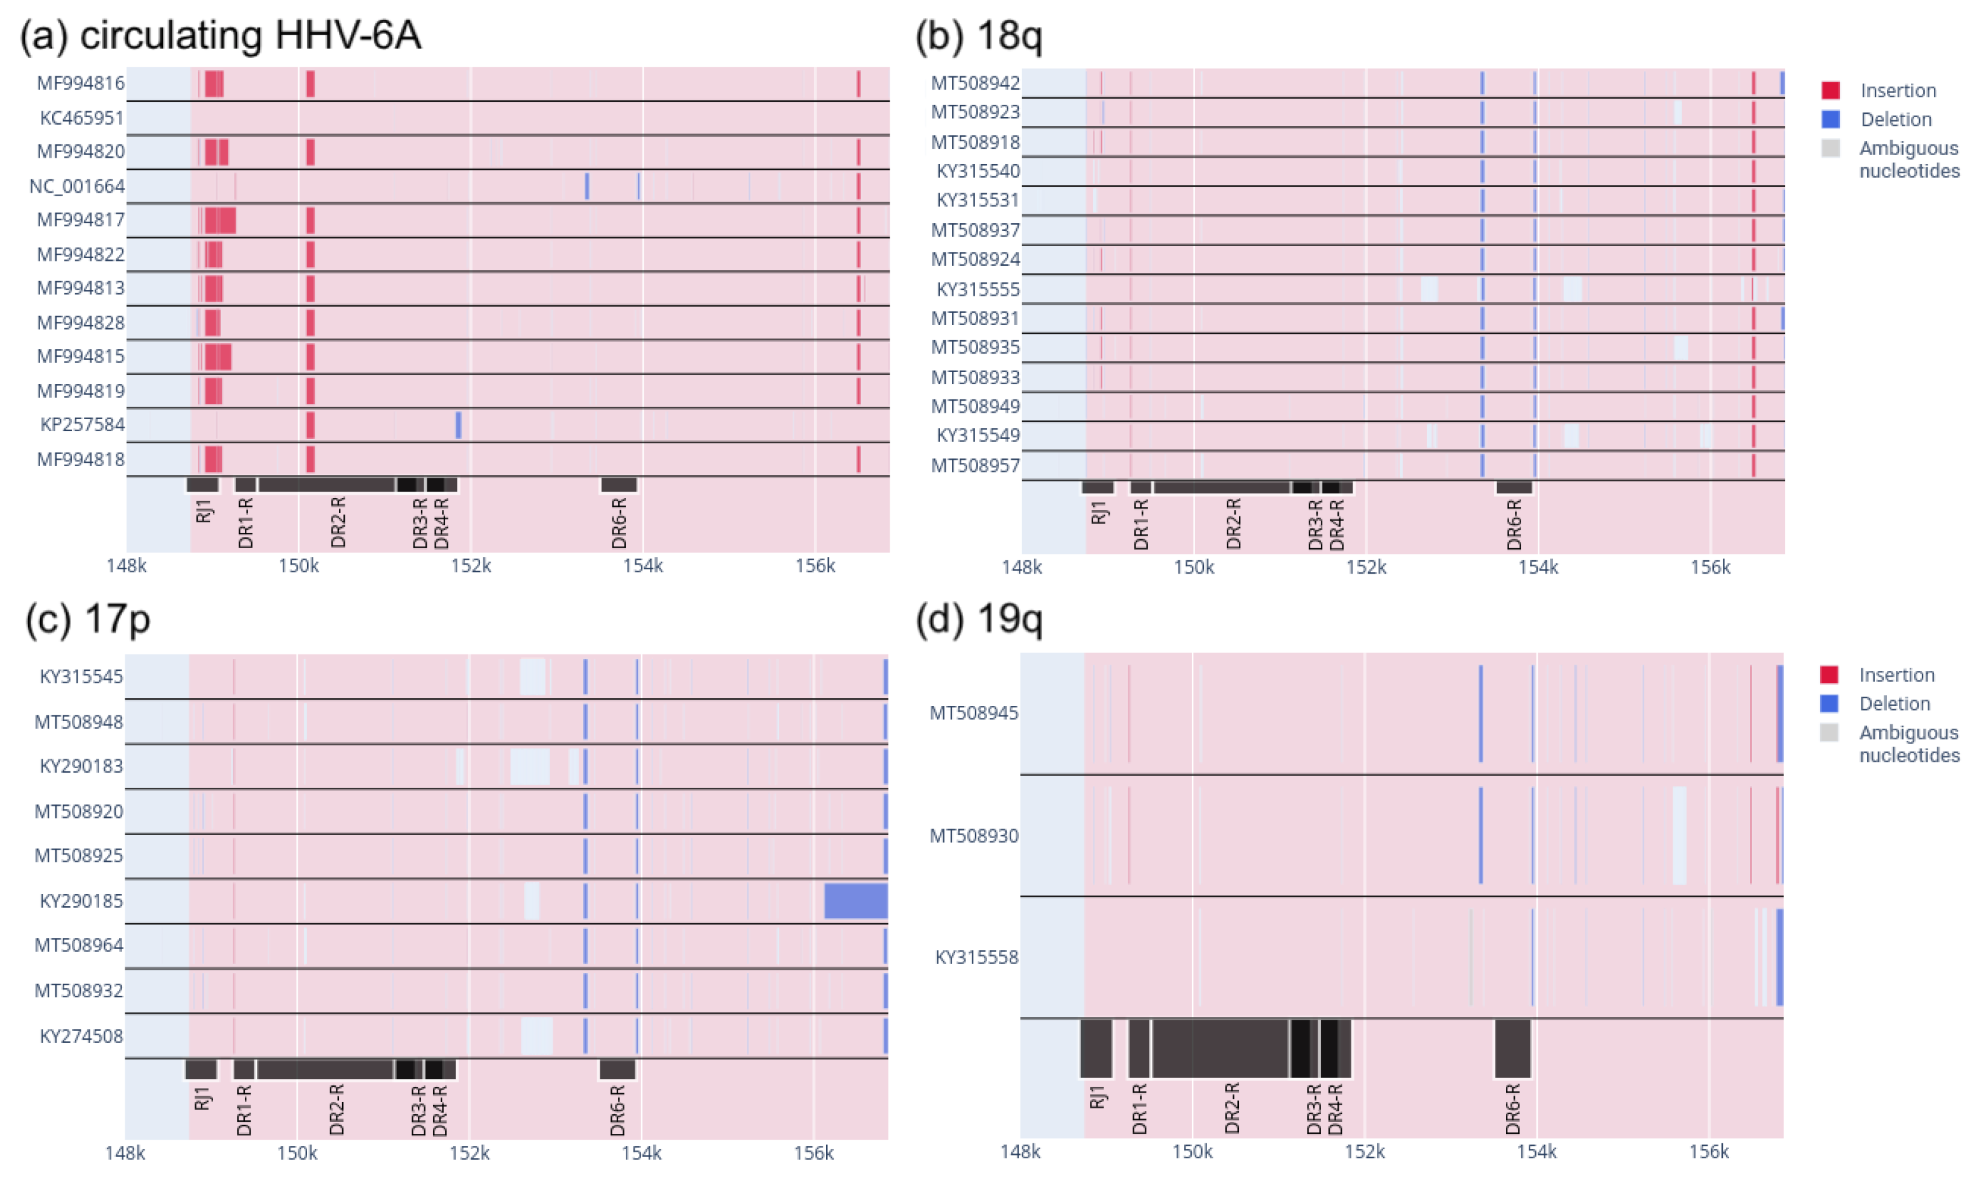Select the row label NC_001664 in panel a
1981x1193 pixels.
coord(77,186)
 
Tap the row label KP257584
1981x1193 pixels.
coord(83,424)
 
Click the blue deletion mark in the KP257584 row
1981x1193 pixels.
coord(459,424)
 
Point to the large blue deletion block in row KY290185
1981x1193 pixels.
coord(855,900)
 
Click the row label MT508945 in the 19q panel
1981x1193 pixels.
coord(974,713)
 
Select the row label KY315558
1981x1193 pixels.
coord(976,958)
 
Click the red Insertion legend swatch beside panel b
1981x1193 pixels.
coord(1831,90)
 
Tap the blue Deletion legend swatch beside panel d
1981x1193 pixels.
coord(1829,703)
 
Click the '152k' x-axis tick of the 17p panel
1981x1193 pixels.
coord(469,1153)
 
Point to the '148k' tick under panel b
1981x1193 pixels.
coord(1021,567)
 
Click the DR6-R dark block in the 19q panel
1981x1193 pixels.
coord(1512,1048)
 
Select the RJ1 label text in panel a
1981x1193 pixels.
coord(204,511)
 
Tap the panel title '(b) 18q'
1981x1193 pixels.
coord(979,36)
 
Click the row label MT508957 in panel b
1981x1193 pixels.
coord(975,465)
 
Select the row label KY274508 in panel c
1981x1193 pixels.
coord(81,1035)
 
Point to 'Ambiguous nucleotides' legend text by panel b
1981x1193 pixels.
coord(1909,159)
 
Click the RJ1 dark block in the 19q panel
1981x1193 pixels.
coord(1096,1048)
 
